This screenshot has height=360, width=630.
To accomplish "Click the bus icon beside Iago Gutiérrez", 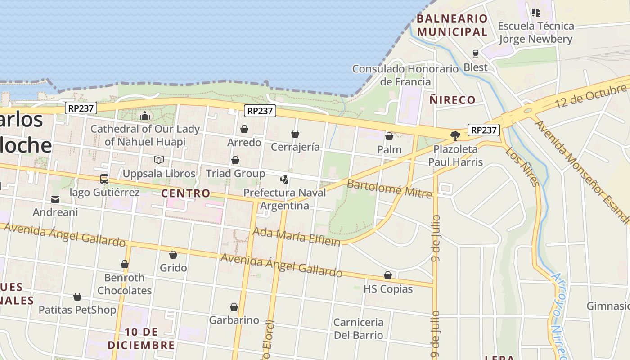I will coord(104,179).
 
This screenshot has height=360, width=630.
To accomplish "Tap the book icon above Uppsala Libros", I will coord(158,160).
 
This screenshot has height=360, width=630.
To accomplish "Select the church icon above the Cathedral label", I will coord(144,116).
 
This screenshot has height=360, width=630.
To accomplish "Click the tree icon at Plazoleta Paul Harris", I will coord(455,135).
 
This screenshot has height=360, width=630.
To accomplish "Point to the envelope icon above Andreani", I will coord(55,199).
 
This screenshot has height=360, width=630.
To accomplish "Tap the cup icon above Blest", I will coord(476,54).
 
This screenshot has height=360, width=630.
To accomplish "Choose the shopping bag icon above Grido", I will coord(173,255).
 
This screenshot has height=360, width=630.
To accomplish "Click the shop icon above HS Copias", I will coord(388,275).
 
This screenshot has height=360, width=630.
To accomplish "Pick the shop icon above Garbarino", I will coord(234,307).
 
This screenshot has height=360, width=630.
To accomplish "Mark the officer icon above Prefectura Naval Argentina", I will coord(284,180).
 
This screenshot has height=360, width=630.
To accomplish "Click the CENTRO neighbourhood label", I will coord(186,193).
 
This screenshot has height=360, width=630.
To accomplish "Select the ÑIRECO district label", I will coord(452,100).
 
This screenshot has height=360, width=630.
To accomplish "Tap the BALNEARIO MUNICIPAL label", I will coord(452,25).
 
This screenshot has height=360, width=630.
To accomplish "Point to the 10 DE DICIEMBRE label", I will coord(141,338).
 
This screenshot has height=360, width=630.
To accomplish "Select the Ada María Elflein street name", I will coord(297,236).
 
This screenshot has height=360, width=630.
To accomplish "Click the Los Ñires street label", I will coord(522,166).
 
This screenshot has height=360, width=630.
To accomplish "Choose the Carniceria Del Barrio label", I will coord(358,328).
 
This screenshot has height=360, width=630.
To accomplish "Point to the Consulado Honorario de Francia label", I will coord(405,75).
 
